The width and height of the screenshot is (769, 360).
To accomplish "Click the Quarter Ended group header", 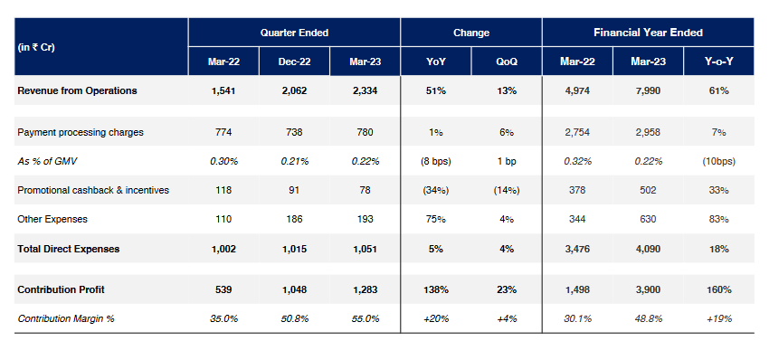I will (294, 33).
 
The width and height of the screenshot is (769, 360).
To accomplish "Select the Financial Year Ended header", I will (648, 33).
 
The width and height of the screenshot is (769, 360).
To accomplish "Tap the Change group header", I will (470, 33).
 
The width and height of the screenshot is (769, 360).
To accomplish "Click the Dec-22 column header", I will (294, 62).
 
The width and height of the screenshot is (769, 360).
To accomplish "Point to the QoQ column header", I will (506, 62).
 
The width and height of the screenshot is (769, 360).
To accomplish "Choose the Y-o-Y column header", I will (719, 62).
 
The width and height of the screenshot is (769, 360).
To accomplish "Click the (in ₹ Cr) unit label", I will (37, 47).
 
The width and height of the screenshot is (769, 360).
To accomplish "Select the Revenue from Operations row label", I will (77, 90).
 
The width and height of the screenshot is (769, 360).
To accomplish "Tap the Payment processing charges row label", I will (81, 132).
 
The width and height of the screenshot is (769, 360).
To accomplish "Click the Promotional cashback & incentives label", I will (93, 190).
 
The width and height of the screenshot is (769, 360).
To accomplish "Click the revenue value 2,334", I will (365, 90).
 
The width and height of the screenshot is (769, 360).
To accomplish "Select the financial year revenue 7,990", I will (649, 90).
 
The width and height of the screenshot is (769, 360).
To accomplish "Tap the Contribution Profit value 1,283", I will (365, 289).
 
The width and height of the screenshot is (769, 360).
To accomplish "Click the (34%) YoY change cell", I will (435, 190).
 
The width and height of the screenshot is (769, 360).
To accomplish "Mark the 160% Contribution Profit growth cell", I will (719, 289).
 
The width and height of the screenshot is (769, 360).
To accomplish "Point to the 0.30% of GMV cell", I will (223, 161).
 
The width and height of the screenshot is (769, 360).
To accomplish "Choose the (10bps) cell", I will (719, 161).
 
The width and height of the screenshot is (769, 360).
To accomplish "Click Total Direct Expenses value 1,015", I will (294, 248).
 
